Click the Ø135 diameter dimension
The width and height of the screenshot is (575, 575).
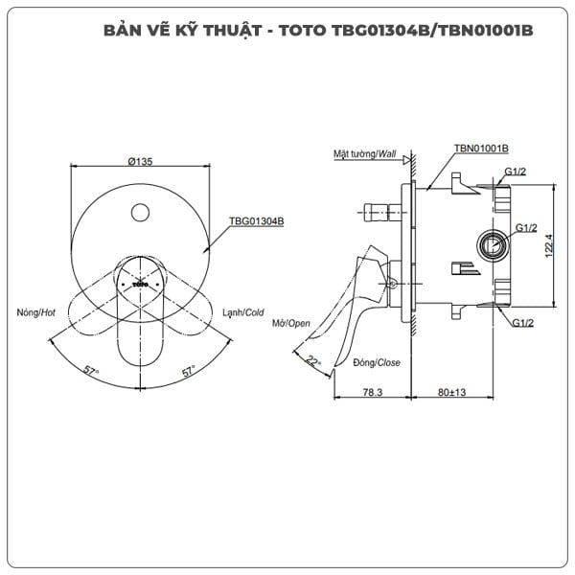(x=140, y=161)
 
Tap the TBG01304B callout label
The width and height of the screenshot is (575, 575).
(x=256, y=221)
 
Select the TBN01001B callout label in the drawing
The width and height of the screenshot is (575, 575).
(x=481, y=149)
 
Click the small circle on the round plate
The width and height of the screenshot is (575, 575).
(x=140, y=213)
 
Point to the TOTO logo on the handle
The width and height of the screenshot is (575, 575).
(x=141, y=285)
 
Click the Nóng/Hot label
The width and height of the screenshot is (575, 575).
(x=36, y=312)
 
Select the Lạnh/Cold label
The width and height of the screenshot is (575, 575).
(x=243, y=312)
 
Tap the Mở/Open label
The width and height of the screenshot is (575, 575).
(x=290, y=324)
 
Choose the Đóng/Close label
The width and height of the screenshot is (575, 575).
(x=377, y=362)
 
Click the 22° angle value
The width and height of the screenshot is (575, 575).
(x=312, y=361)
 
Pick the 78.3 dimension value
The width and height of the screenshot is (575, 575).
(x=373, y=392)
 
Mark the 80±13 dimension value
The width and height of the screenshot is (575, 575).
(x=451, y=392)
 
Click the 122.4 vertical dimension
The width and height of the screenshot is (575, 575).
(x=548, y=245)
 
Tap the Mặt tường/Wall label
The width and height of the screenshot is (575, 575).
(x=364, y=154)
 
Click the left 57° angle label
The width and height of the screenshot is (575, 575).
(x=91, y=370)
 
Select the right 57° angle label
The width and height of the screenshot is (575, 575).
(x=189, y=371)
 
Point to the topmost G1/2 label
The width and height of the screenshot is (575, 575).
(x=516, y=172)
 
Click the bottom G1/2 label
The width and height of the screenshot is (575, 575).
(x=523, y=323)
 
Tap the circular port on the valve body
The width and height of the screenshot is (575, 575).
(x=494, y=245)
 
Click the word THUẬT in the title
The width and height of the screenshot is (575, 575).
(x=233, y=31)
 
